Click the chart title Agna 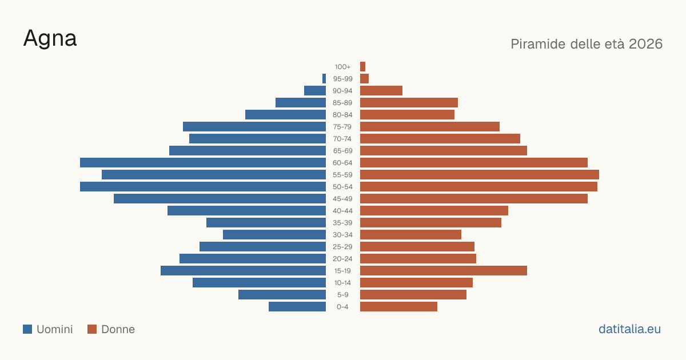50,39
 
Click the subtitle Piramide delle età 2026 587,44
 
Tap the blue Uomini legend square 27,329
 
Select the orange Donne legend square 92,329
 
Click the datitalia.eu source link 629,329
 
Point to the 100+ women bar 362,66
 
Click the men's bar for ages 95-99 324,79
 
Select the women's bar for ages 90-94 381,91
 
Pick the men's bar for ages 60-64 203,162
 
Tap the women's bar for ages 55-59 480,174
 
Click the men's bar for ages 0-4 297,307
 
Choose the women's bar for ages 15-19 444,271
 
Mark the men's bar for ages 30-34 274,235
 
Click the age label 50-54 342,187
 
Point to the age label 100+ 342,67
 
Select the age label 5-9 342,295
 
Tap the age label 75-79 342,127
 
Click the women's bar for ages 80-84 407,115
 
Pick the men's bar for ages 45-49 220,199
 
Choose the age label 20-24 342,259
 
